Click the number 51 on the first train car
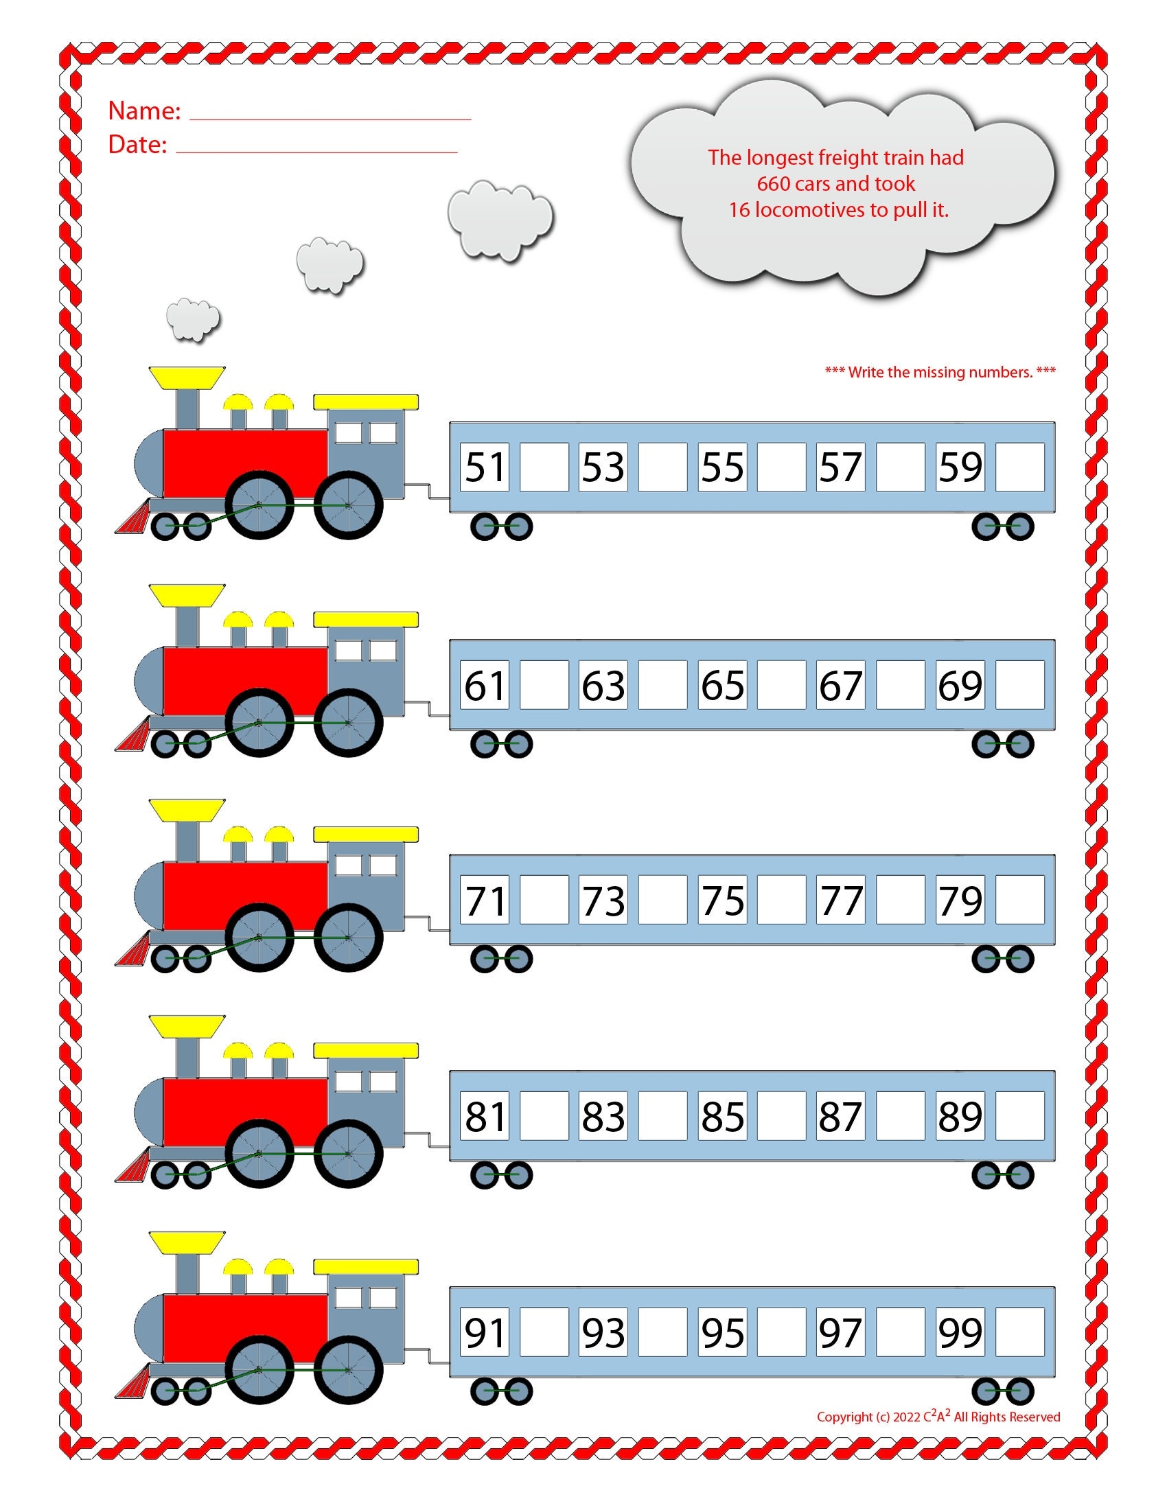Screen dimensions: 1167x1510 click(x=485, y=467)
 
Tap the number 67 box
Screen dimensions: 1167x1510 click(x=841, y=685)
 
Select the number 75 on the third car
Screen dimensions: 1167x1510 click(x=722, y=901)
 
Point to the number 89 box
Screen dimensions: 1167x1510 click(x=960, y=1116)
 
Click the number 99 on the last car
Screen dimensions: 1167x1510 click(x=960, y=1332)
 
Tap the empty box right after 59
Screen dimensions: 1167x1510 click(x=1019, y=467)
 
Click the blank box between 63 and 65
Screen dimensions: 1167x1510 click(x=663, y=685)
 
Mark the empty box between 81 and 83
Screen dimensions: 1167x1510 click(x=544, y=1116)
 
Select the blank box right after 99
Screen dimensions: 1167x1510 click(x=1019, y=1332)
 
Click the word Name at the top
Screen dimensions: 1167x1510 click(x=143, y=111)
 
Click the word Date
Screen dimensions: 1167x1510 click(x=137, y=144)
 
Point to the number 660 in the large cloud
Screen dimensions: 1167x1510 click(x=773, y=184)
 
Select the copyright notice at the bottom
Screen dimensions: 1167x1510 click(x=938, y=1417)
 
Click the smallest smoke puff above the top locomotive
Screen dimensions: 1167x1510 click(x=193, y=319)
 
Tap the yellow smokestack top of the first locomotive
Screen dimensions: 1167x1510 click(x=187, y=377)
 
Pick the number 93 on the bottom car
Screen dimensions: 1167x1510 click(x=603, y=1332)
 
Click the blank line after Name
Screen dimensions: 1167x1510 click(x=330, y=119)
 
